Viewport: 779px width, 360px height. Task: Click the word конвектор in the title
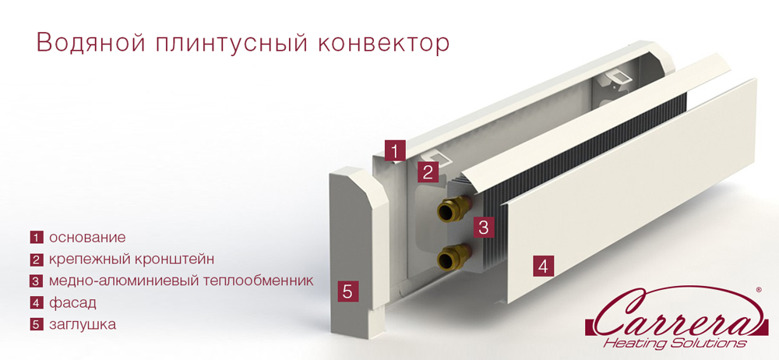[383, 43]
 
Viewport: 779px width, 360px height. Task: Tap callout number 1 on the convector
[397, 150]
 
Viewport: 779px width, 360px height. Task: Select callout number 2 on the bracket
[427, 172]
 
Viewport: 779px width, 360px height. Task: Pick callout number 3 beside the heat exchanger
[484, 228]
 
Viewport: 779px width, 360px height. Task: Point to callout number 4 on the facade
[544, 265]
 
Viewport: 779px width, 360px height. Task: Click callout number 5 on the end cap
[348, 291]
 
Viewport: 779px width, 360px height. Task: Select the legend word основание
[87, 238]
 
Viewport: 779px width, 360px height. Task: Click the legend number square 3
[36, 281]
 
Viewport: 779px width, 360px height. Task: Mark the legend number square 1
[36, 238]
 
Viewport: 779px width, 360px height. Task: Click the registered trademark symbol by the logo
[759, 289]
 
